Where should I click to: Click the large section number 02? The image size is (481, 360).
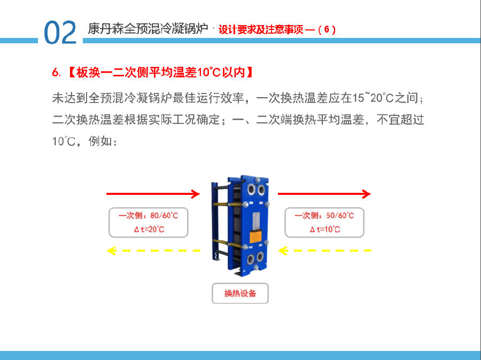(x=60, y=33)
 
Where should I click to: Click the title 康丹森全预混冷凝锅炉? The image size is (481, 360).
(x=148, y=29)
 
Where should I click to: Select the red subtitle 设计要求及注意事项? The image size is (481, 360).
(x=261, y=29)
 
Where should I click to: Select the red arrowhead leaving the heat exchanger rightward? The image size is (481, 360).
(x=366, y=194)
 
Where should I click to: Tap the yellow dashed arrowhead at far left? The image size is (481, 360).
(x=111, y=251)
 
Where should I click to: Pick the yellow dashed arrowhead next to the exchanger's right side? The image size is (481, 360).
(x=283, y=251)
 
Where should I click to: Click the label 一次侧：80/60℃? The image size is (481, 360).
(x=149, y=216)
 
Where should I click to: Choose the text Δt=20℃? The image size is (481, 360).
(x=149, y=229)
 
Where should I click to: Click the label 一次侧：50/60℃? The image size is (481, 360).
(x=324, y=216)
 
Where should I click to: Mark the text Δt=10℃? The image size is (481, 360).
(x=325, y=229)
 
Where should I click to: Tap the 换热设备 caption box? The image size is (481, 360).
(x=240, y=293)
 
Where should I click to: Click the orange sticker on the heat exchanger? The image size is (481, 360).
(x=255, y=237)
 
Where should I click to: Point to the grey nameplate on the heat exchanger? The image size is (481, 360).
(x=257, y=221)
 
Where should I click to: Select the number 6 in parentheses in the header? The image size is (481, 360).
(x=327, y=29)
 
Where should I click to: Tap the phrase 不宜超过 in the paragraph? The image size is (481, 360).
(x=400, y=120)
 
